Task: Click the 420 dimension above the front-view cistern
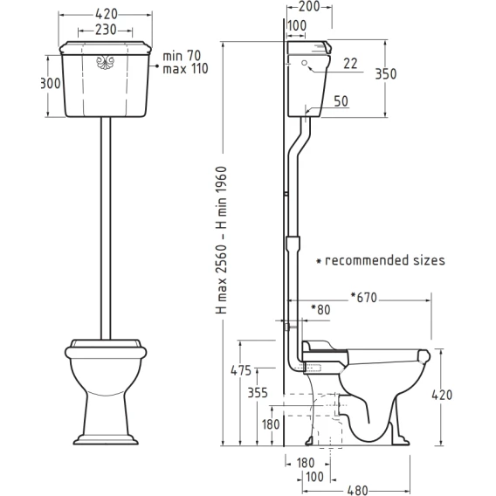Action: click(107, 14)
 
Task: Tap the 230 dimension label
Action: click(106, 30)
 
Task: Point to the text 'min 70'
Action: click(182, 56)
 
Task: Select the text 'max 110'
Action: click(185, 69)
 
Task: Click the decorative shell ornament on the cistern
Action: click(105, 62)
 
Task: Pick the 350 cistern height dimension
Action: click(386, 74)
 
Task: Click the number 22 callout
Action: click(350, 64)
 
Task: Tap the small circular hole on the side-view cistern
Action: click(304, 63)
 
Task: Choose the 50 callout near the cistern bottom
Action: click(341, 101)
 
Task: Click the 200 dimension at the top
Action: click(309, 7)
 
